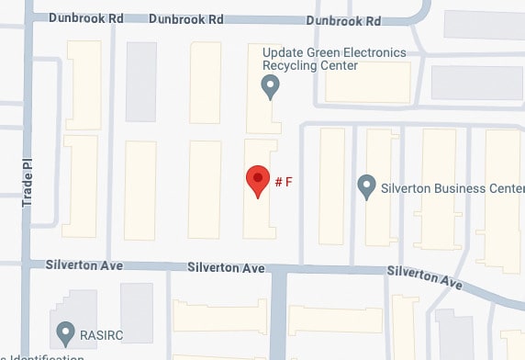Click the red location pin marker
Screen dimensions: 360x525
pyautogui.click(x=258, y=180)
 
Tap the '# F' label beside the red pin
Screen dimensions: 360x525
pyautogui.click(x=284, y=182)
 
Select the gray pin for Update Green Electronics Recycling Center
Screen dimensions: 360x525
pyautogui.click(x=270, y=87)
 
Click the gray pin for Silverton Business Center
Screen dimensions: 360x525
pyautogui.click(x=366, y=187)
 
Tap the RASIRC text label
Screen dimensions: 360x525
pyautogui.click(x=100, y=333)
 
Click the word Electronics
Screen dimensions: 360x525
pyautogui.click(x=365, y=52)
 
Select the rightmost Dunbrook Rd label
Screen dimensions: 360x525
pyautogui.click(x=343, y=19)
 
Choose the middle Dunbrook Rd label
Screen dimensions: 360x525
pyautogui.click(x=187, y=18)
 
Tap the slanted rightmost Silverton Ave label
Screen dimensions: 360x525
pyautogui.click(x=424, y=276)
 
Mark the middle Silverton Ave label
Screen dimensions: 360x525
pyautogui.click(x=226, y=268)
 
